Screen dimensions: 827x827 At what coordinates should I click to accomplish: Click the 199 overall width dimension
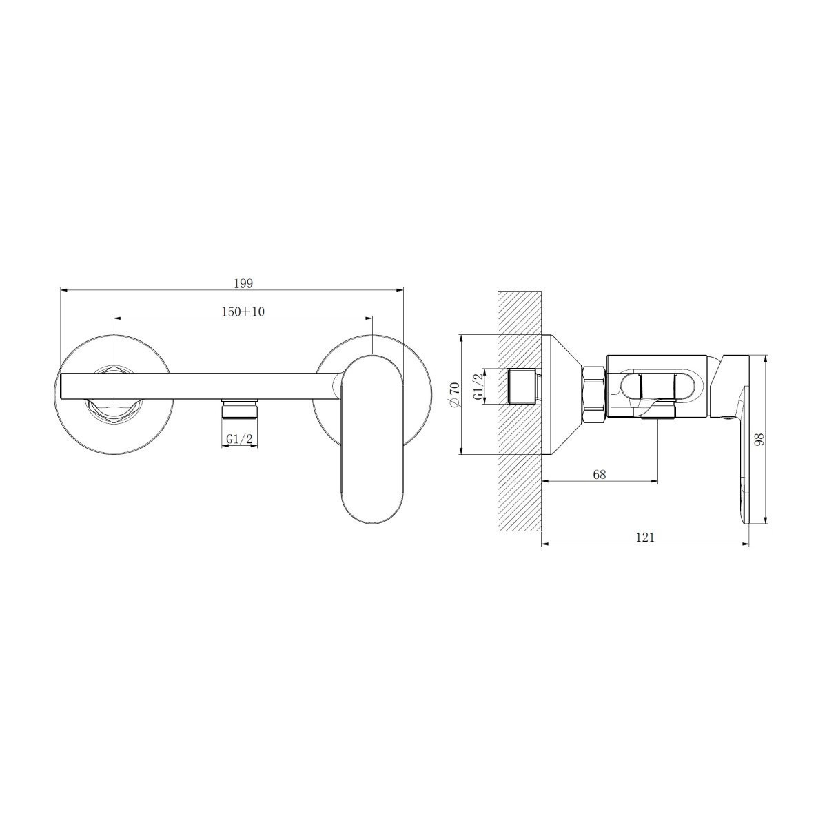[243, 284]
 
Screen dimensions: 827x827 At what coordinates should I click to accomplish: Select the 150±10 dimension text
[243, 312]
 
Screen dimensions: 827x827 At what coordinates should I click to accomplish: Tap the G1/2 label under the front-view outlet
[240, 439]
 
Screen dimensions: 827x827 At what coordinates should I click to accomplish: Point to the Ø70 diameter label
[454, 394]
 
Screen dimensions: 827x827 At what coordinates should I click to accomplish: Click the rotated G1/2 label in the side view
[478, 386]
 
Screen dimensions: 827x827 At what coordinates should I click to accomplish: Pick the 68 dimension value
[599, 474]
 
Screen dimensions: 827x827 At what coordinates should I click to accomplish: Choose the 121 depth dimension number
[645, 538]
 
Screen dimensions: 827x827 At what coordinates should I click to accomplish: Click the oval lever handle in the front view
[372, 438]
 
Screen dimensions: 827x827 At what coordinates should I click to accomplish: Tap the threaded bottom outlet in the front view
[240, 409]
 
